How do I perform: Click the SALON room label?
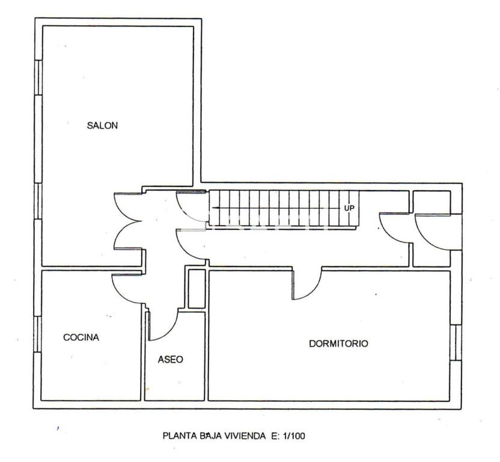pyautogui.click(x=102, y=126)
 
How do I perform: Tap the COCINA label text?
pyautogui.click(x=81, y=337)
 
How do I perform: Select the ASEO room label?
pyautogui.click(x=170, y=360)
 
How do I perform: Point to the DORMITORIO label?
pyautogui.click(x=339, y=343)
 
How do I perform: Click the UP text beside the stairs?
pyautogui.click(x=349, y=208)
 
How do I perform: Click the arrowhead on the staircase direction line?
pyautogui.click(x=215, y=208)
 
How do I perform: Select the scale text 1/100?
pyautogui.click(x=293, y=436)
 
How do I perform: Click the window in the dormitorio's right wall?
pyautogui.click(x=456, y=342)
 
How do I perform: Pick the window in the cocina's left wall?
pyautogui.click(x=38, y=334)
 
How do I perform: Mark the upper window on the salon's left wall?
pyautogui.click(x=38, y=77)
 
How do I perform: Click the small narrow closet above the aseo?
pyautogui.click(x=197, y=289)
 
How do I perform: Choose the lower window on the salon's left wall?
pyautogui.click(x=38, y=201)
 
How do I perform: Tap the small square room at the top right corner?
pyautogui.click(x=431, y=202)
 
